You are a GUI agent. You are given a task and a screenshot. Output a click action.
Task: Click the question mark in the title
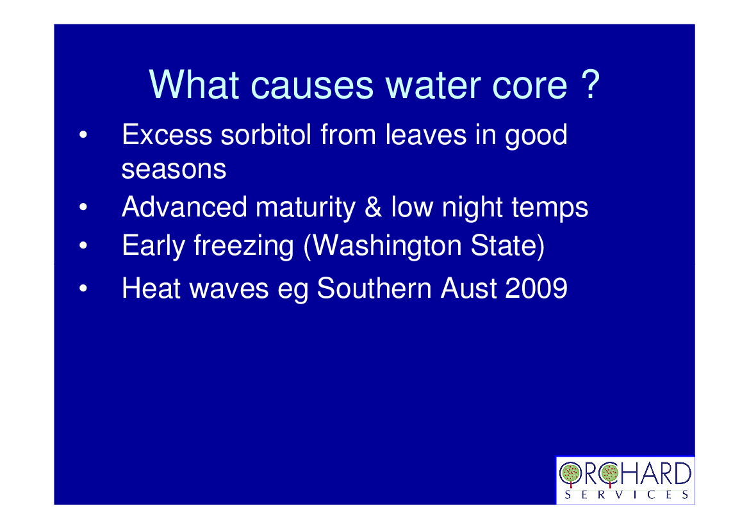coord(591,85)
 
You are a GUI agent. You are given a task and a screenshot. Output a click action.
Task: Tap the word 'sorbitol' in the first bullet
coord(266,134)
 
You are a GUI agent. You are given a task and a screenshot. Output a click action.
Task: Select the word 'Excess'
coord(167,134)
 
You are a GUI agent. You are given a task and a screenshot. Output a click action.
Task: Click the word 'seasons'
coord(174,170)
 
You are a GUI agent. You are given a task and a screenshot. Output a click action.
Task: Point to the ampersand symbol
coord(373,208)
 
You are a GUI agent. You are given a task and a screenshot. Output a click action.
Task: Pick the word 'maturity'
coord(306,208)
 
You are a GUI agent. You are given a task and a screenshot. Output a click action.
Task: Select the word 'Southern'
coord(374,288)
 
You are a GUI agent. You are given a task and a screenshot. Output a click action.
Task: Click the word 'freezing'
coord(243,246)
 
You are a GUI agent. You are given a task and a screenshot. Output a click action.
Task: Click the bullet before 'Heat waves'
coord(83,289)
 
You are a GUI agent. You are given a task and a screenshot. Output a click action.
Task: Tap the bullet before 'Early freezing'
coord(83,246)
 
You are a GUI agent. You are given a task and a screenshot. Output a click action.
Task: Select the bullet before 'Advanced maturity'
coord(83,208)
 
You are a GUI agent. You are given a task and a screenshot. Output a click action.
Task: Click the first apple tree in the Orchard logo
coord(570,474)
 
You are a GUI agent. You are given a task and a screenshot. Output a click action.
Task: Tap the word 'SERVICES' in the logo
coord(626,495)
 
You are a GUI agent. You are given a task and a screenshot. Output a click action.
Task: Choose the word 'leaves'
coord(425,134)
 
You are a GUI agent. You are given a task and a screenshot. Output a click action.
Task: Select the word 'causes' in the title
coord(311,85)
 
